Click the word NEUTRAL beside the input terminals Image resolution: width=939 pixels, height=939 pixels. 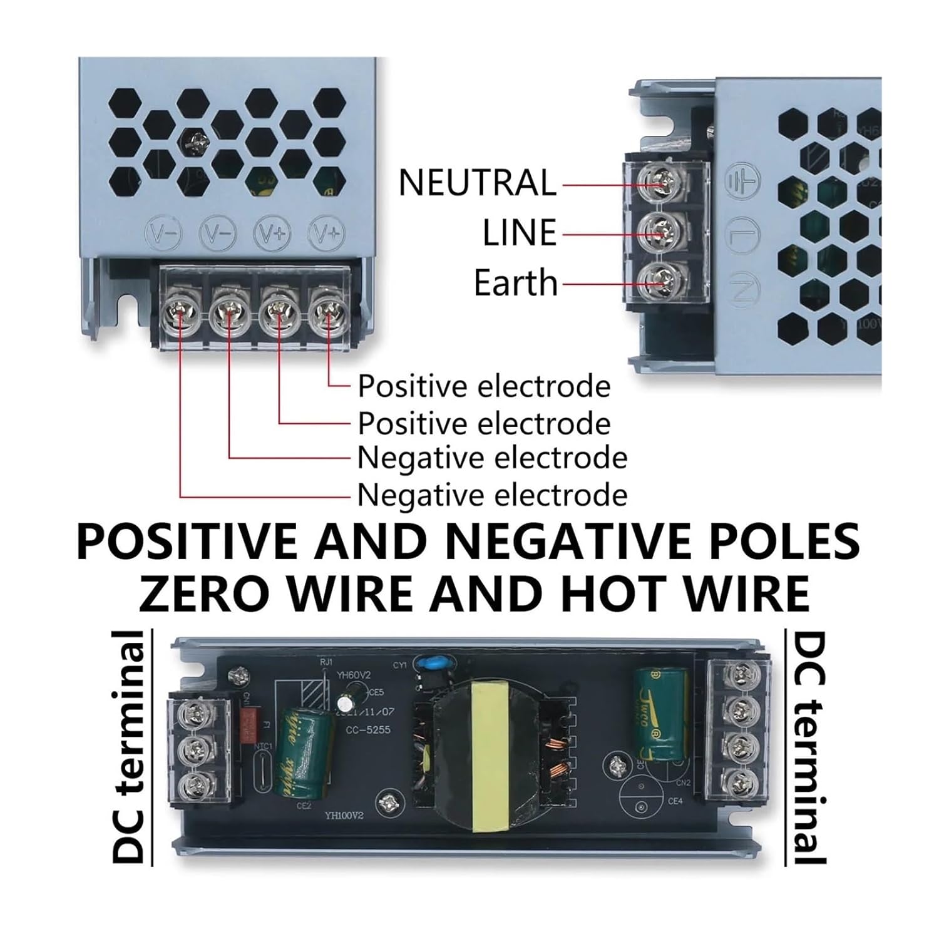point(477,182)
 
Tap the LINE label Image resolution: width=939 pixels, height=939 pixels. point(519,233)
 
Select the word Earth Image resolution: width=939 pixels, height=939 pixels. point(515,282)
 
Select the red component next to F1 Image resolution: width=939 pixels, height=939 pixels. point(251,725)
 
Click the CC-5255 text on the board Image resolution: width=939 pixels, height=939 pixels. point(369,729)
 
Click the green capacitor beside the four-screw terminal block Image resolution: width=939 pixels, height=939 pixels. point(660,714)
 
